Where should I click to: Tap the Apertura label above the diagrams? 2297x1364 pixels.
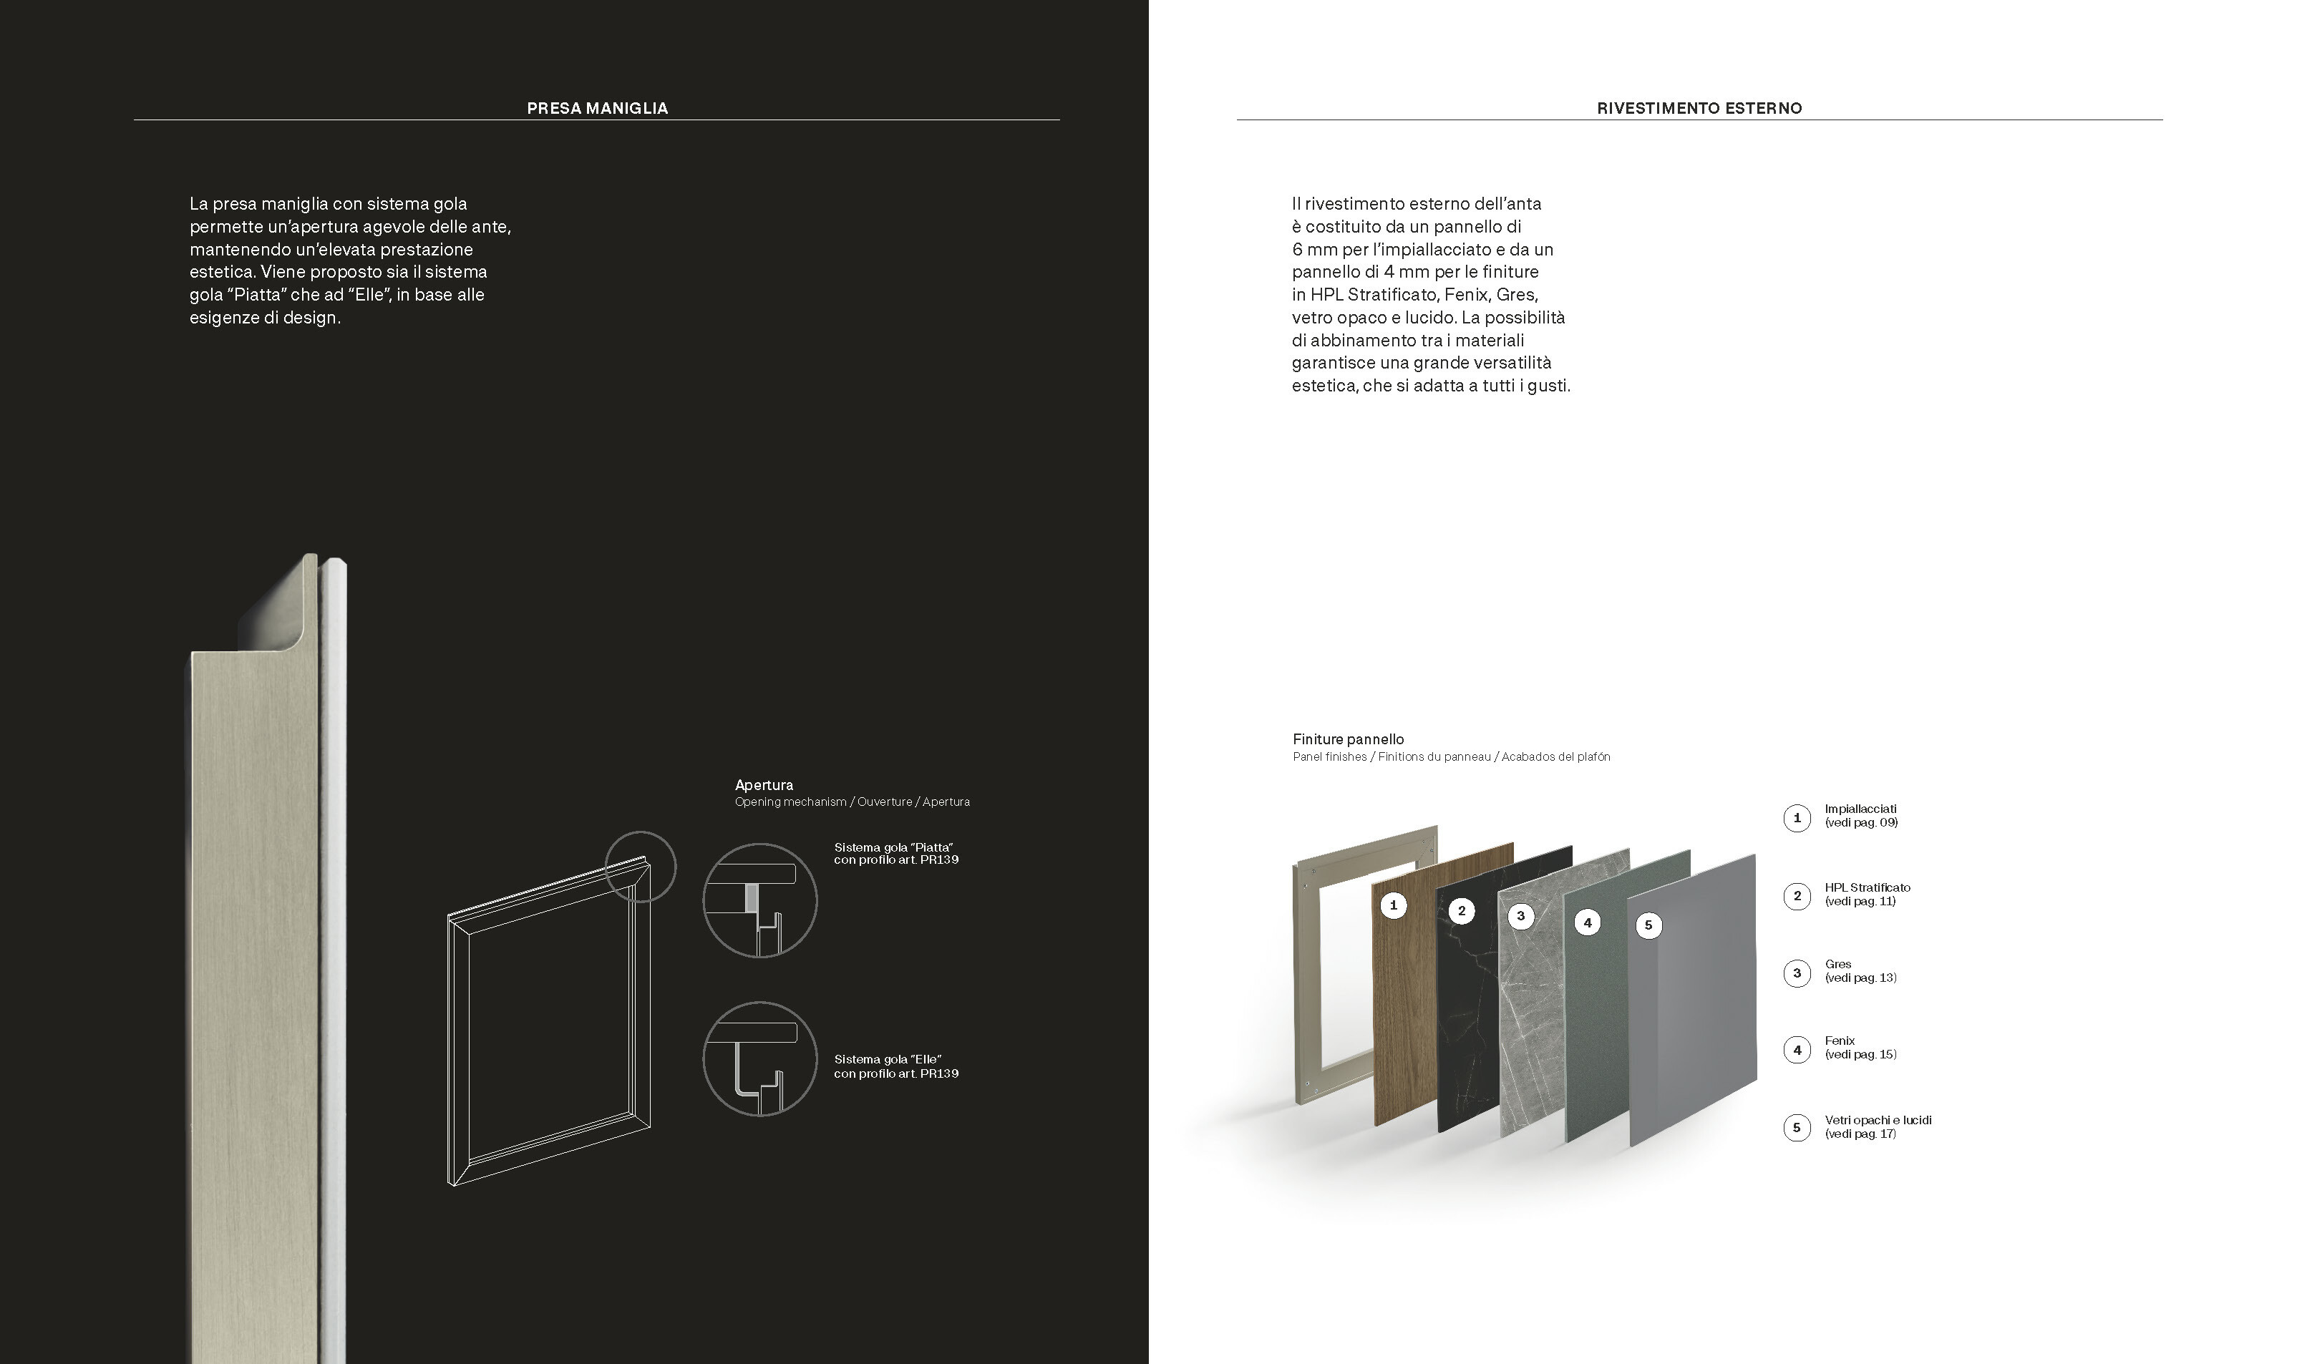coord(764,785)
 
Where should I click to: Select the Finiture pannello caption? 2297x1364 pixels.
coord(1349,739)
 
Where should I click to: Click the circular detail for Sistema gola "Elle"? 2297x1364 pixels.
coord(759,1059)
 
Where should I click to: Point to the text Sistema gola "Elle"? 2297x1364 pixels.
coord(888,1060)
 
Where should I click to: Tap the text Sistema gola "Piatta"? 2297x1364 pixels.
coord(893,847)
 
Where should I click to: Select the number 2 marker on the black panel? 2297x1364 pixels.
coord(1462,911)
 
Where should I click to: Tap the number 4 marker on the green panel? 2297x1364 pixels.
coord(1588,922)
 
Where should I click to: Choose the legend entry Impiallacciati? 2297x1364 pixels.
coord(1860,809)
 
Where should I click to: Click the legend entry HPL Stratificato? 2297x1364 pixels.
coord(1868,887)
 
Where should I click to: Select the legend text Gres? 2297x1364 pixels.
coord(1838,964)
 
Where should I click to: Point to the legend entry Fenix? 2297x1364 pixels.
coord(1840,1041)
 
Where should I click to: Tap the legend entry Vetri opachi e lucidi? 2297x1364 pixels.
coord(1878,1119)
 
